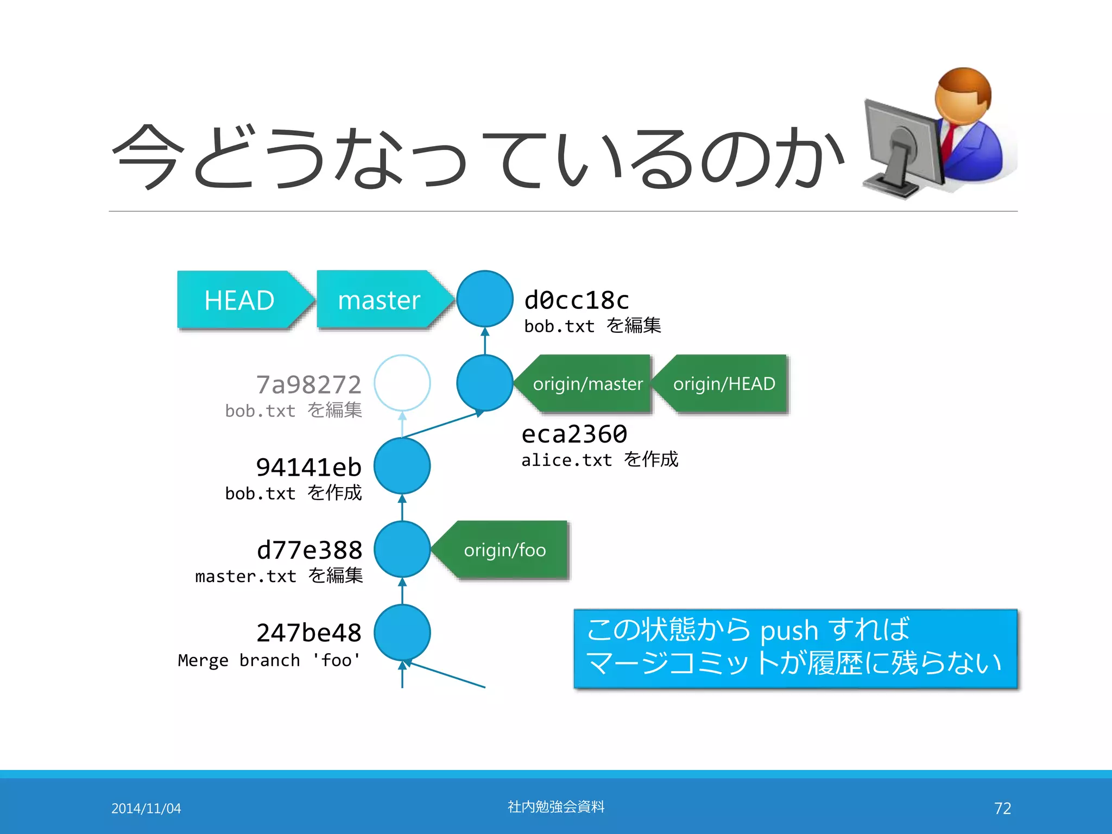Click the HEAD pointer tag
click(239, 300)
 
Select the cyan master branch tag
click(379, 300)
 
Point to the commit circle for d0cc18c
click(485, 299)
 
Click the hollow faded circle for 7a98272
click(402, 383)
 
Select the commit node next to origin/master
click(485, 383)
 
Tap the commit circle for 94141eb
click(402, 466)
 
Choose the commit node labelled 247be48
click(402, 633)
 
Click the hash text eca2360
click(574, 434)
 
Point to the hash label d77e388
click(309, 550)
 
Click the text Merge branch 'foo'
click(269, 660)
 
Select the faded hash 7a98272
click(308, 384)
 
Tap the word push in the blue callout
click(788, 631)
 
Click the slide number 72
click(1002, 808)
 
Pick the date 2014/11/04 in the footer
click(146, 808)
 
